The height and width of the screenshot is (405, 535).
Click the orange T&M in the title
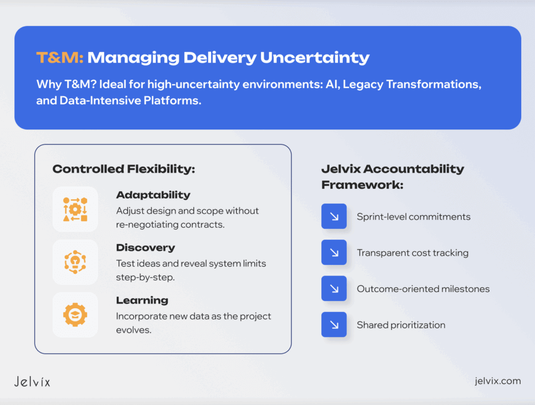coord(59,58)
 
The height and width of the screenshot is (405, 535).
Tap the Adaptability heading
coord(153,195)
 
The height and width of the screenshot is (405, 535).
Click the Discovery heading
coord(145,247)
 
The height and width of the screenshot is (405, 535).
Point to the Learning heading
coord(142,300)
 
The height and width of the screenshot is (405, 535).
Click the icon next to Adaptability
coord(75,209)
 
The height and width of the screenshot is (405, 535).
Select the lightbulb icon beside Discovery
coord(75,262)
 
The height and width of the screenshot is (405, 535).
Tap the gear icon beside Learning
coord(75,314)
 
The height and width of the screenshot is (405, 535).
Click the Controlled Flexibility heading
coord(124,169)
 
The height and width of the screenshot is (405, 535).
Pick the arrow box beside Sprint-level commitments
coord(334,216)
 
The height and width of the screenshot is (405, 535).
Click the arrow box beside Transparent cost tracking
coord(334,252)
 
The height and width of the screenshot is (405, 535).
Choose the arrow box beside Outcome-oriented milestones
coord(334,289)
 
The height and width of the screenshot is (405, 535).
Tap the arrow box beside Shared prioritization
coord(334,325)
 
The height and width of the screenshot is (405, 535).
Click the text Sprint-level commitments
coord(413,216)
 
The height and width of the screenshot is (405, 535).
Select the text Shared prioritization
coord(401,325)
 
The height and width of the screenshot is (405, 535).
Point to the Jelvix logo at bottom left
coord(32,381)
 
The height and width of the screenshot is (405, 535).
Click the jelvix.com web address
coord(498,381)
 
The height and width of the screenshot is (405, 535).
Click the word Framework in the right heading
coord(362,185)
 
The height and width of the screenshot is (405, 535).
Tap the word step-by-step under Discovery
coord(145,277)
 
